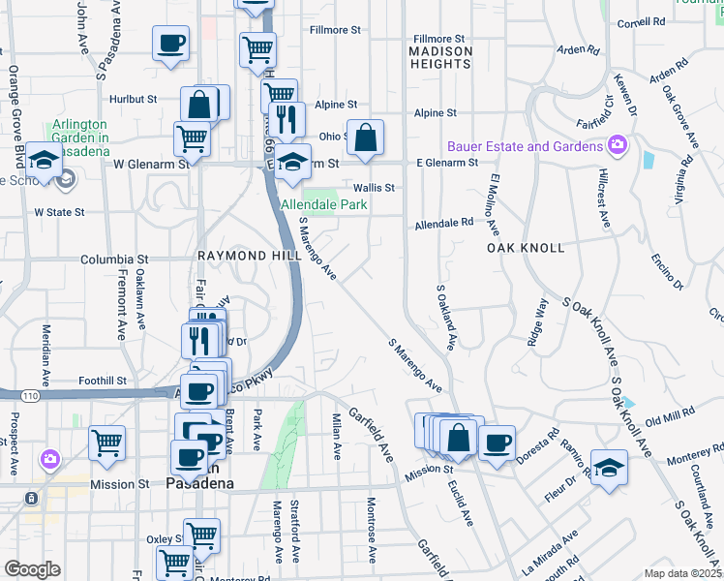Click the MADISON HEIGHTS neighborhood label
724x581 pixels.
[x=440, y=57]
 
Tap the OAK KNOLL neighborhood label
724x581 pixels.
[x=526, y=248]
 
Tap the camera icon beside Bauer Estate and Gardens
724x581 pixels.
[x=617, y=146]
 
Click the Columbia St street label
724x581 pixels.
[x=114, y=260]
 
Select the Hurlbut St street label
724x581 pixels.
[x=134, y=99]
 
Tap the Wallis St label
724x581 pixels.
[x=375, y=188]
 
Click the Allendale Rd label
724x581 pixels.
[x=444, y=223]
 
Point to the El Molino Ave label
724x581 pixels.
[x=494, y=206]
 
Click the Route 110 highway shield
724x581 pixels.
[x=30, y=395]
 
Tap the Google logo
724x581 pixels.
[x=31, y=569]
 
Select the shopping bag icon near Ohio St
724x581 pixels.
[x=365, y=138]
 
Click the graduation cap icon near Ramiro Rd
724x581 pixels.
[x=608, y=468]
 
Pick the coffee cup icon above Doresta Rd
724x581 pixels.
[x=497, y=443]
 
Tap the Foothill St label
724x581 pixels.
[x=102, y=382]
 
